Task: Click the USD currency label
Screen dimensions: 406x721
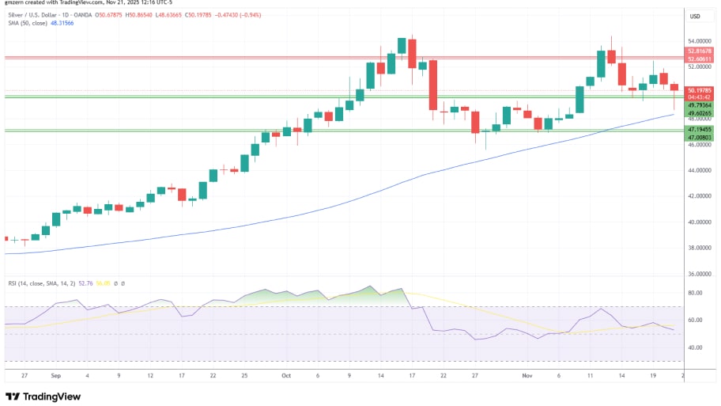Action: tap(696, 16)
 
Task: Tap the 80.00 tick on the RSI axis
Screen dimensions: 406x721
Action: tap(696, 293)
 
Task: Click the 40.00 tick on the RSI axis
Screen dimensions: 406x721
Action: tap(696, 347)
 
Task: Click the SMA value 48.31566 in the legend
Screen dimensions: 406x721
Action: tap(62, 23)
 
